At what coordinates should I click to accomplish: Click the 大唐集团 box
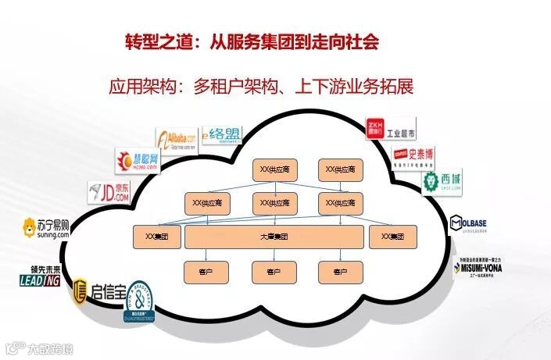click(274, 237)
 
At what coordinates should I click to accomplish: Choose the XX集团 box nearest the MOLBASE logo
click(393, 237)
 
